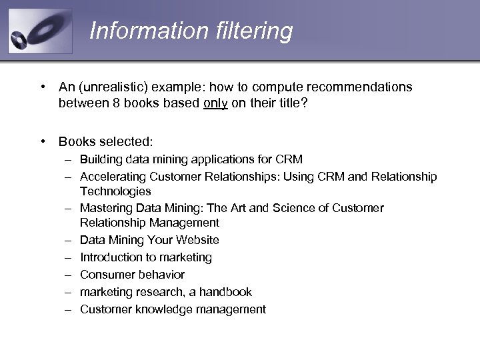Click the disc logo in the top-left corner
click(x=39, y=31)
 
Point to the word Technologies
click(x=115, y=191)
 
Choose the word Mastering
click(x=105, y=208)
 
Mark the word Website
click(x=196, y=240)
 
